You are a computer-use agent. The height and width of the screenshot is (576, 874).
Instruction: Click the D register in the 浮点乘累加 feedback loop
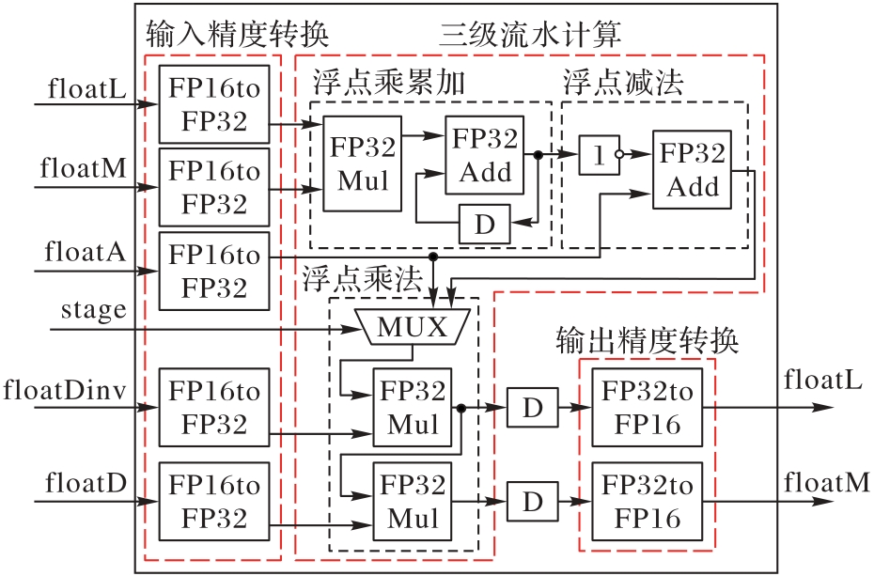click(484, 225)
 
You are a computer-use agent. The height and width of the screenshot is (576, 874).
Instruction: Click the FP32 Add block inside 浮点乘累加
click(485, 156)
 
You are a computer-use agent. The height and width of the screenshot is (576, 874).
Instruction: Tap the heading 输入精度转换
click(237, 35)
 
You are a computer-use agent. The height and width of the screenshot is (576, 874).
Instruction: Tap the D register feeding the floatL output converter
click(533, 409)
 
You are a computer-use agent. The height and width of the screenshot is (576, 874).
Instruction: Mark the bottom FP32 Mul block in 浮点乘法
click(413, 502)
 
